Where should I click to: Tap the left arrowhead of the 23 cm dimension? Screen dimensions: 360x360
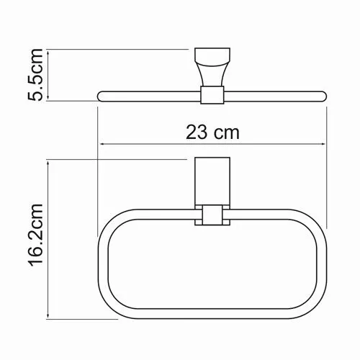coord(101,144)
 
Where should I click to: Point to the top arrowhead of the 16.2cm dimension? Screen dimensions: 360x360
coord(48,160)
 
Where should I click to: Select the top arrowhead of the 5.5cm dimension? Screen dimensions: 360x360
coord(48,50)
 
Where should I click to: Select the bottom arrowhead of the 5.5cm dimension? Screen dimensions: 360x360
coord(48,97)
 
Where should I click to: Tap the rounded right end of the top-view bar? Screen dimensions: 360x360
coord(324,94)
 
